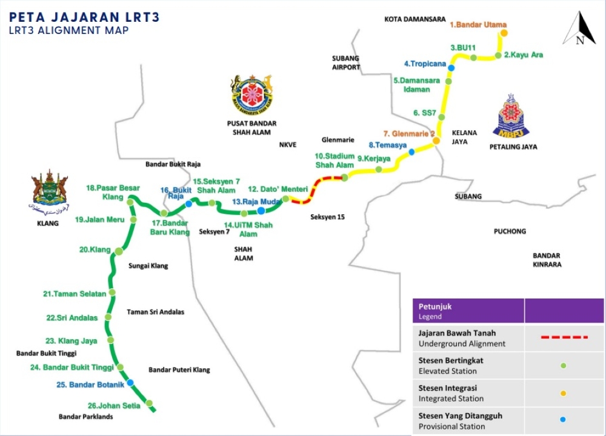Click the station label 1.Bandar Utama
pyautogui.click(x=478, y=25)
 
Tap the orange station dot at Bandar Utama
pyautogui.click(x=503, y=33)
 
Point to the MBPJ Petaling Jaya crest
pyautogui.click(x=514, y=117)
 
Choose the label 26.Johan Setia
pyautogui.click(x=114, y=406)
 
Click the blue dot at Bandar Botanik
pyautogui.click(x=130, y=382)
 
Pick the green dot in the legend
pyautogui.click(x=564, y=365)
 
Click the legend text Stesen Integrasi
pyautogui.click(x=447, y=388)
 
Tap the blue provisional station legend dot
pyautogui.click(x=564, y=420)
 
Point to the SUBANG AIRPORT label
pyautogui.click(x=345, y=62)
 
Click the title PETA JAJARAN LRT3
pyautogui.click(x=85, y=17)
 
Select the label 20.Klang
pyautogui.click(x=95, y=249)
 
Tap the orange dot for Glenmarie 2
pyautogui.click(x=436, y=140)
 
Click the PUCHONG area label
pyautogui.click(x=510, y=231)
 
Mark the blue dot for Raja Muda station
pyautogui.click(x=261, y=211)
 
